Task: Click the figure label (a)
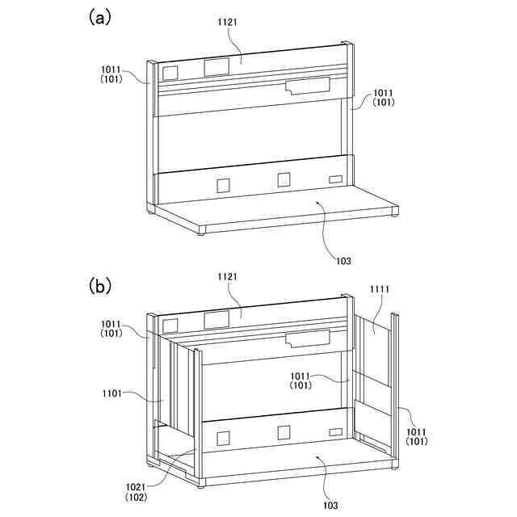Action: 99,19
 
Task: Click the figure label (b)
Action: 99,286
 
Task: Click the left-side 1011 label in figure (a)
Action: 112,70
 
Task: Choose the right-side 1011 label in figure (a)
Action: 385,94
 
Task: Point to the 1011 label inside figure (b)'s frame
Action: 301,376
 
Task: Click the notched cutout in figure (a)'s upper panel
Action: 308,86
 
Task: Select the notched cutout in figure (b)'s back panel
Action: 308,337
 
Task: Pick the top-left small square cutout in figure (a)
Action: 170,73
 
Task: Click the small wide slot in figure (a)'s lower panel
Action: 335,179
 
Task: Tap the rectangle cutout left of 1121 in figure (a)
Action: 216,66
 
